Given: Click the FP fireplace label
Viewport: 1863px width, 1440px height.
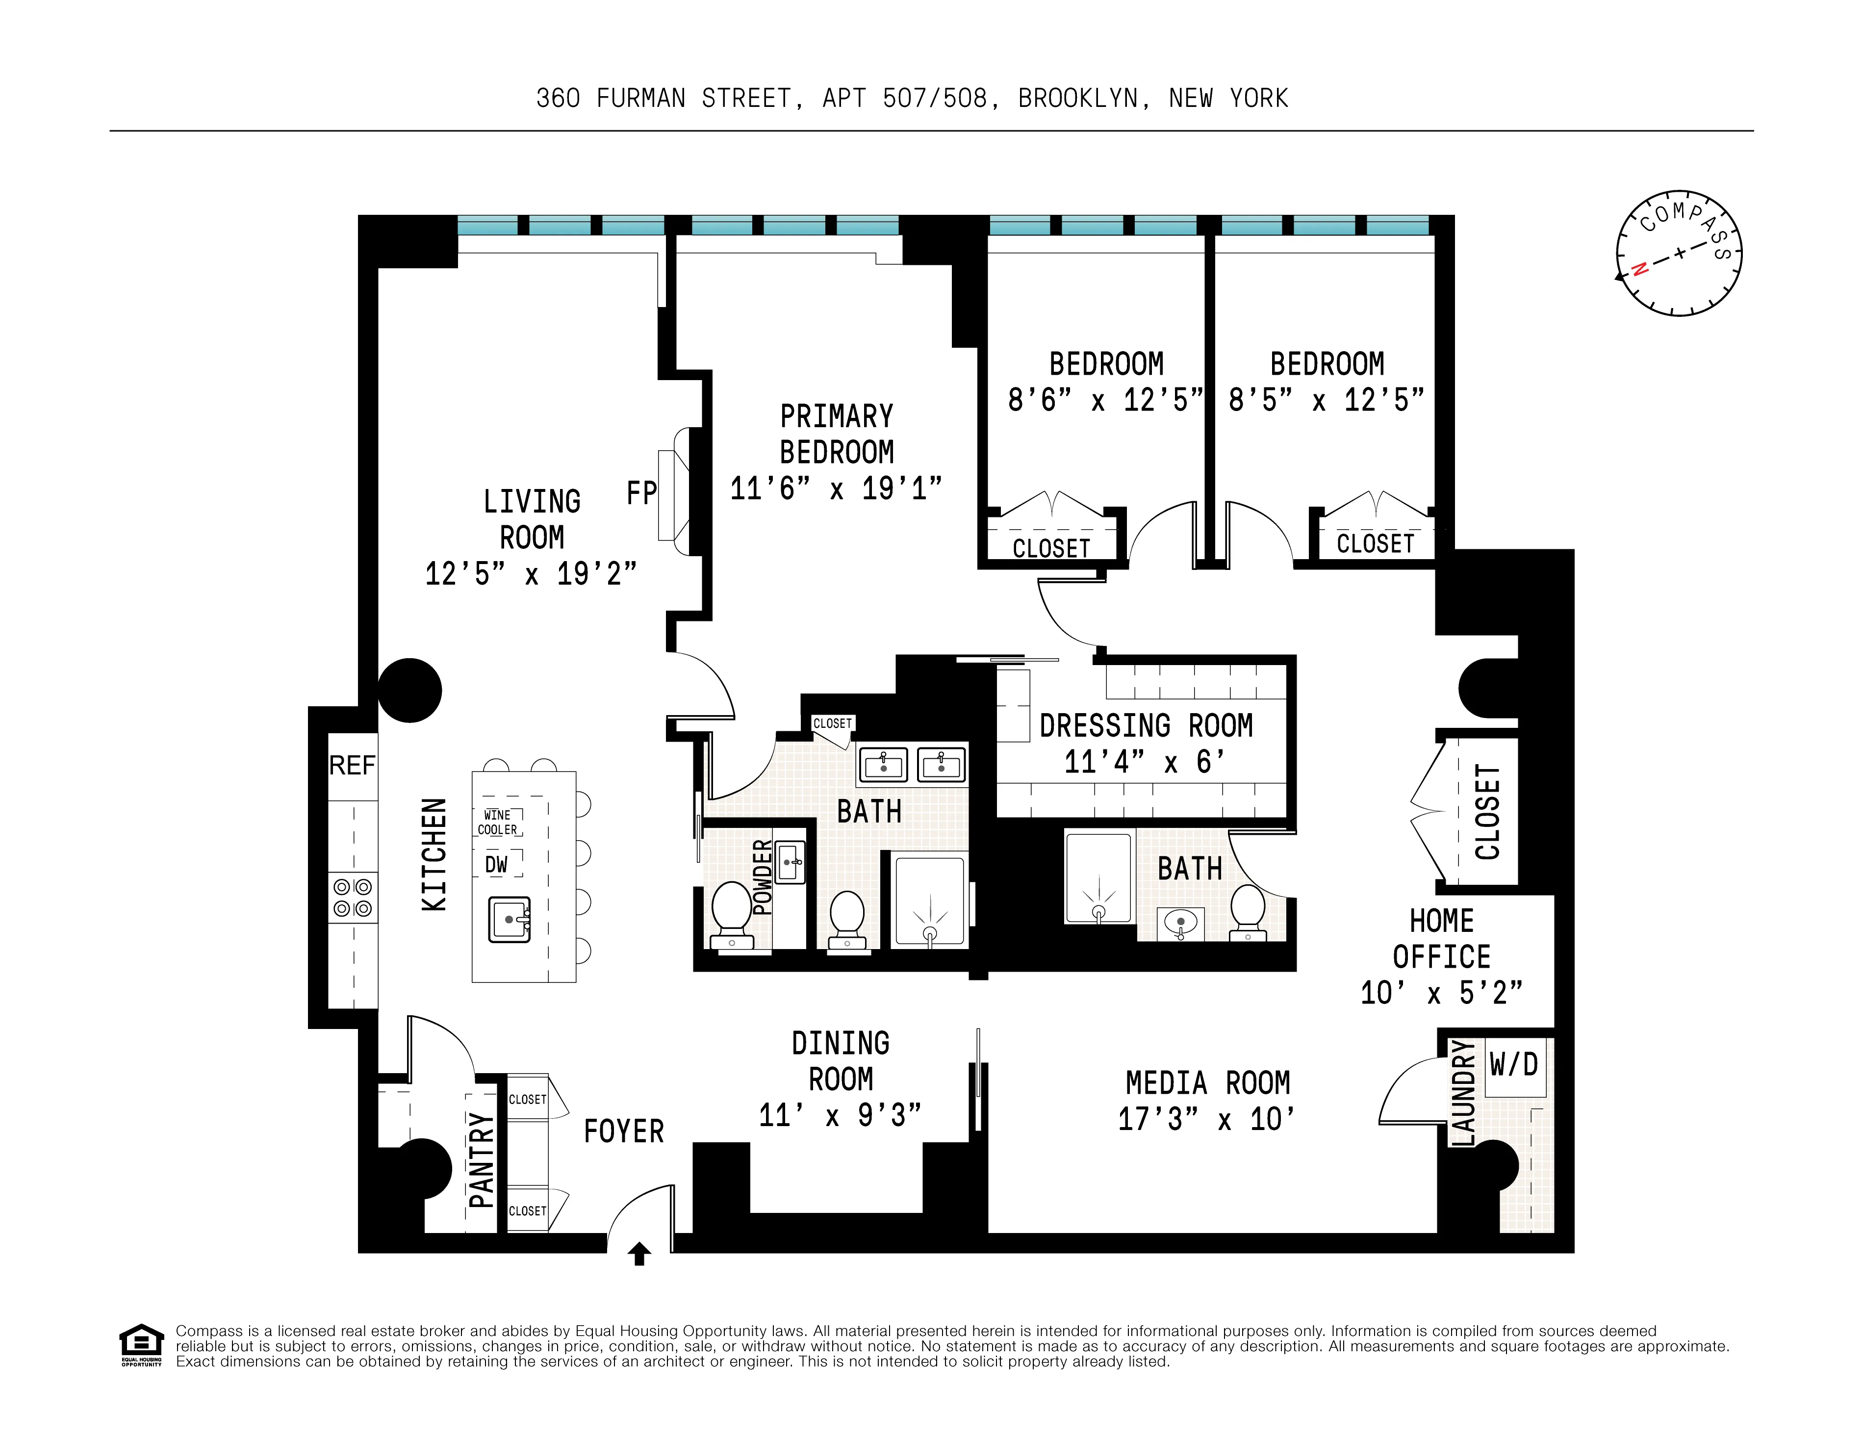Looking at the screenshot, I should (641, 493).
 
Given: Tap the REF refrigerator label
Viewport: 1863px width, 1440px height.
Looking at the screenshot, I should (352, 765).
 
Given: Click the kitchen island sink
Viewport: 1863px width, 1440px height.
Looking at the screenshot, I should (509, 920).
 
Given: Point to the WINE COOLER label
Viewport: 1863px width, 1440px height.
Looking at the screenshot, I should (498, 823).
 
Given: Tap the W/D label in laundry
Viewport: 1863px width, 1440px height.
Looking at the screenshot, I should (1513, 1065).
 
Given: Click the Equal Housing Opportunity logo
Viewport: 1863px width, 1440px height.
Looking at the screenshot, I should (141, 1344).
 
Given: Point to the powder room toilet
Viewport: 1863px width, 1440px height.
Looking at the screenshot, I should (731, 911).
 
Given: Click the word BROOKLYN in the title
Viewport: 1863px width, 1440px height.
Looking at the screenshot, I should (1078, 99).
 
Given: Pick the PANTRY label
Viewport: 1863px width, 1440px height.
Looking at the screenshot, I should (482, 1160).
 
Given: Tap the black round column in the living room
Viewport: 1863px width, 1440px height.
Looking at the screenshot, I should (409, 690).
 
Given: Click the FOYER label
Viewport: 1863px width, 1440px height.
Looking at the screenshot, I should (624, 1131).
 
